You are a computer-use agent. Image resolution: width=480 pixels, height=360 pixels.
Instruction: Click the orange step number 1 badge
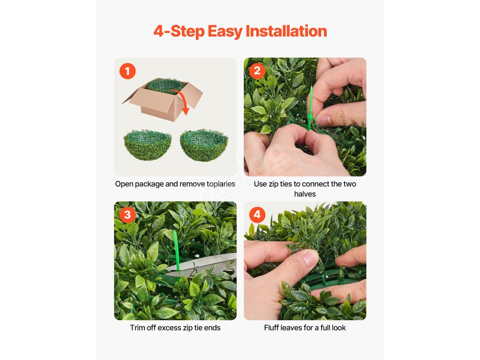[127, 71]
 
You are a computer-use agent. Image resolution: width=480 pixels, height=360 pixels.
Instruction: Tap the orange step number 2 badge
[257, 71]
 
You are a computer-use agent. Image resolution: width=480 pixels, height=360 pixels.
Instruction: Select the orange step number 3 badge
[127, 215]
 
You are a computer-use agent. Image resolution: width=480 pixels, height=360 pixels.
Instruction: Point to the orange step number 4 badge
[257, 215]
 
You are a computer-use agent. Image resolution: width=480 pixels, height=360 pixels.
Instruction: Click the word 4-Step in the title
[179, 31]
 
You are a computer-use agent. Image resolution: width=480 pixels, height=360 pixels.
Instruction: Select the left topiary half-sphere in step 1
[148, 145]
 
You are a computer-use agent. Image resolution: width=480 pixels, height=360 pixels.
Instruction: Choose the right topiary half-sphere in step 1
[204, 145]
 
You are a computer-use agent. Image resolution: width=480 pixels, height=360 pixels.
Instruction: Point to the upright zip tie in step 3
[177, 251]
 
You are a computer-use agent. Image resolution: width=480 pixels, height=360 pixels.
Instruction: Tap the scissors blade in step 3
[202, 265]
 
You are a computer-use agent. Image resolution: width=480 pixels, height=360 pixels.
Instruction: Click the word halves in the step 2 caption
[305, 194]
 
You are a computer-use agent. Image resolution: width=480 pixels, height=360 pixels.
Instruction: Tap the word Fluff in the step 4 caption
[271, 328]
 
